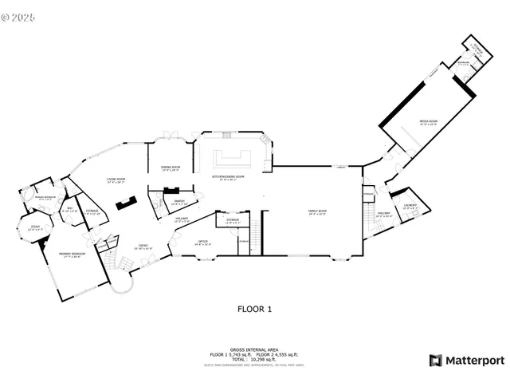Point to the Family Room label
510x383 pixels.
pos(318,212)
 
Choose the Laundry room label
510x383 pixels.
pos(410,207)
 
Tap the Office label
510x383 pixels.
pos(202,242)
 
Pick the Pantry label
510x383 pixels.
pos(178,203)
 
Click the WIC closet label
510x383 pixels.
pos(69,210)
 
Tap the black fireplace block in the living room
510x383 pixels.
pos(125,205)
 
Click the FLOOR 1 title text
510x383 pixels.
pos(255,308)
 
